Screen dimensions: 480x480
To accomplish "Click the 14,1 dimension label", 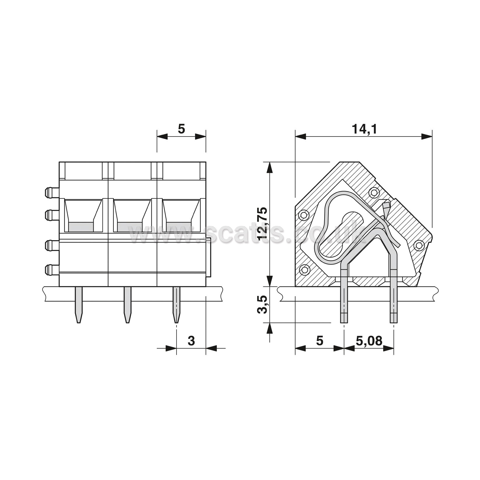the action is click(364, 129).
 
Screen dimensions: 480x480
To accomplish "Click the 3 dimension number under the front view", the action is click(191, 341).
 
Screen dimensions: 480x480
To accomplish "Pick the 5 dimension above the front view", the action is click(181, 129).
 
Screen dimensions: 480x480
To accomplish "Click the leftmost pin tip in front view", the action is click(78, 322).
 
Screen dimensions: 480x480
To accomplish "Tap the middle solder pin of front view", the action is click(127, 305).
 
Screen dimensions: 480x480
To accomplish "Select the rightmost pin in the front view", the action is click(176, 305).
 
